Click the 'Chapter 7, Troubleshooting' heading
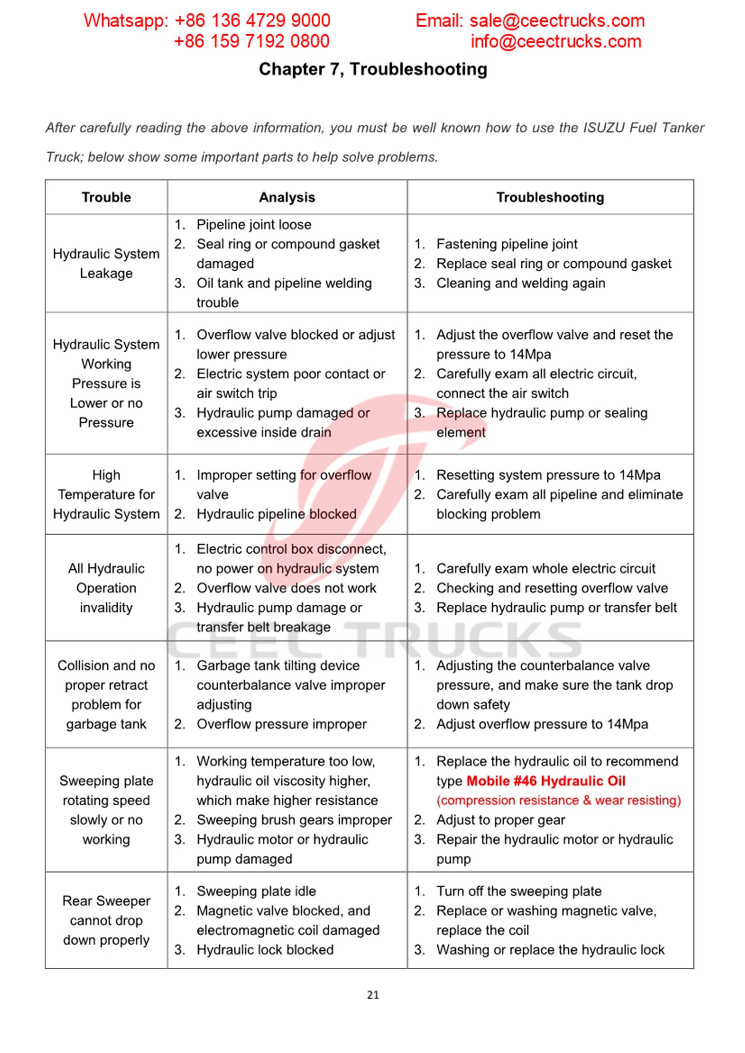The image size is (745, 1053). (373, 69)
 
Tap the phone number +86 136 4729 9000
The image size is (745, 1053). (253, 20)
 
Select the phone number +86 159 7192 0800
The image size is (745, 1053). (251, 42)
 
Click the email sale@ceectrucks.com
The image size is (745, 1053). (557, 20)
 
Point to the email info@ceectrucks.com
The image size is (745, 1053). (555, 42)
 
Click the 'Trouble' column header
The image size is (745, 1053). (106, 197)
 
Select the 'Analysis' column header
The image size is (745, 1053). (287, 197)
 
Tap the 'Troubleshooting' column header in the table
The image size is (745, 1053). (550, 197)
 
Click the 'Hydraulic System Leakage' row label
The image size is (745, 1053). (106, 263)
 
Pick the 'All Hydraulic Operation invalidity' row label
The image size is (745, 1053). (106, 588)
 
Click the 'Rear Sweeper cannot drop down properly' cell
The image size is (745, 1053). (106, 921)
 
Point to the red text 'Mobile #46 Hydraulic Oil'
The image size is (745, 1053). (546, 781)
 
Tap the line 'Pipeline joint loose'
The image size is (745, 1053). (254, 225)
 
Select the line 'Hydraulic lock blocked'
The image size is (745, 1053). (265, 950)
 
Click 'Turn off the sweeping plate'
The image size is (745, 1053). (519, 891)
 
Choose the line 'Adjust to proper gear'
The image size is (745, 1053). (500, 820)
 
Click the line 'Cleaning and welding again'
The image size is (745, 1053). (520, 284)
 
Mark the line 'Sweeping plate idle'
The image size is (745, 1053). (256, 891)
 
